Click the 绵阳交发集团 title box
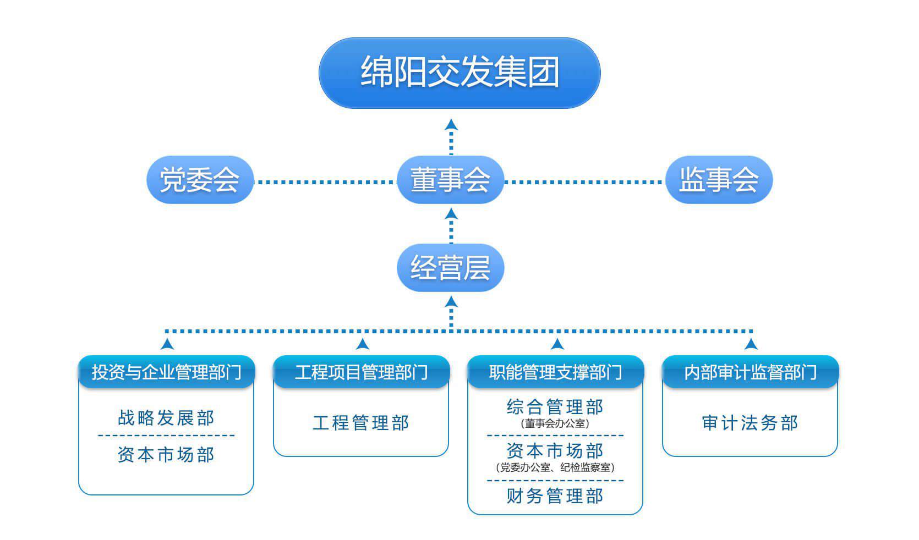tap(459, 73)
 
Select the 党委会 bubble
tap(200, 180)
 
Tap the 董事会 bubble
tap(451, 180)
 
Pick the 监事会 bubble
tap(719, 180)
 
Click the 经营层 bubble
tap(451, 268)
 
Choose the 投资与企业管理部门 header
tap(166, 372)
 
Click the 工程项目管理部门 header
tap(361, 372)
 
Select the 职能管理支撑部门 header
tap(555, 372)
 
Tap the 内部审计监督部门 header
tap(750, 372)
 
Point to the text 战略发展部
tap(166, 418)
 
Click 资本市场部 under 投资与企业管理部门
tap(166, 455)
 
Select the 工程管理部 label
tap(361, 423)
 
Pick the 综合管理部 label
tap(555, 407)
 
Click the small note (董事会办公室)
tap(555, 424)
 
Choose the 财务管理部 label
tap(555, 496)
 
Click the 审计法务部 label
tap(750, 423)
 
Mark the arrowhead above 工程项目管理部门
tap(362, 344)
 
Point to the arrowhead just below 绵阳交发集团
tap(451, 124)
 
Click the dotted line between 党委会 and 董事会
tap(325, 181)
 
